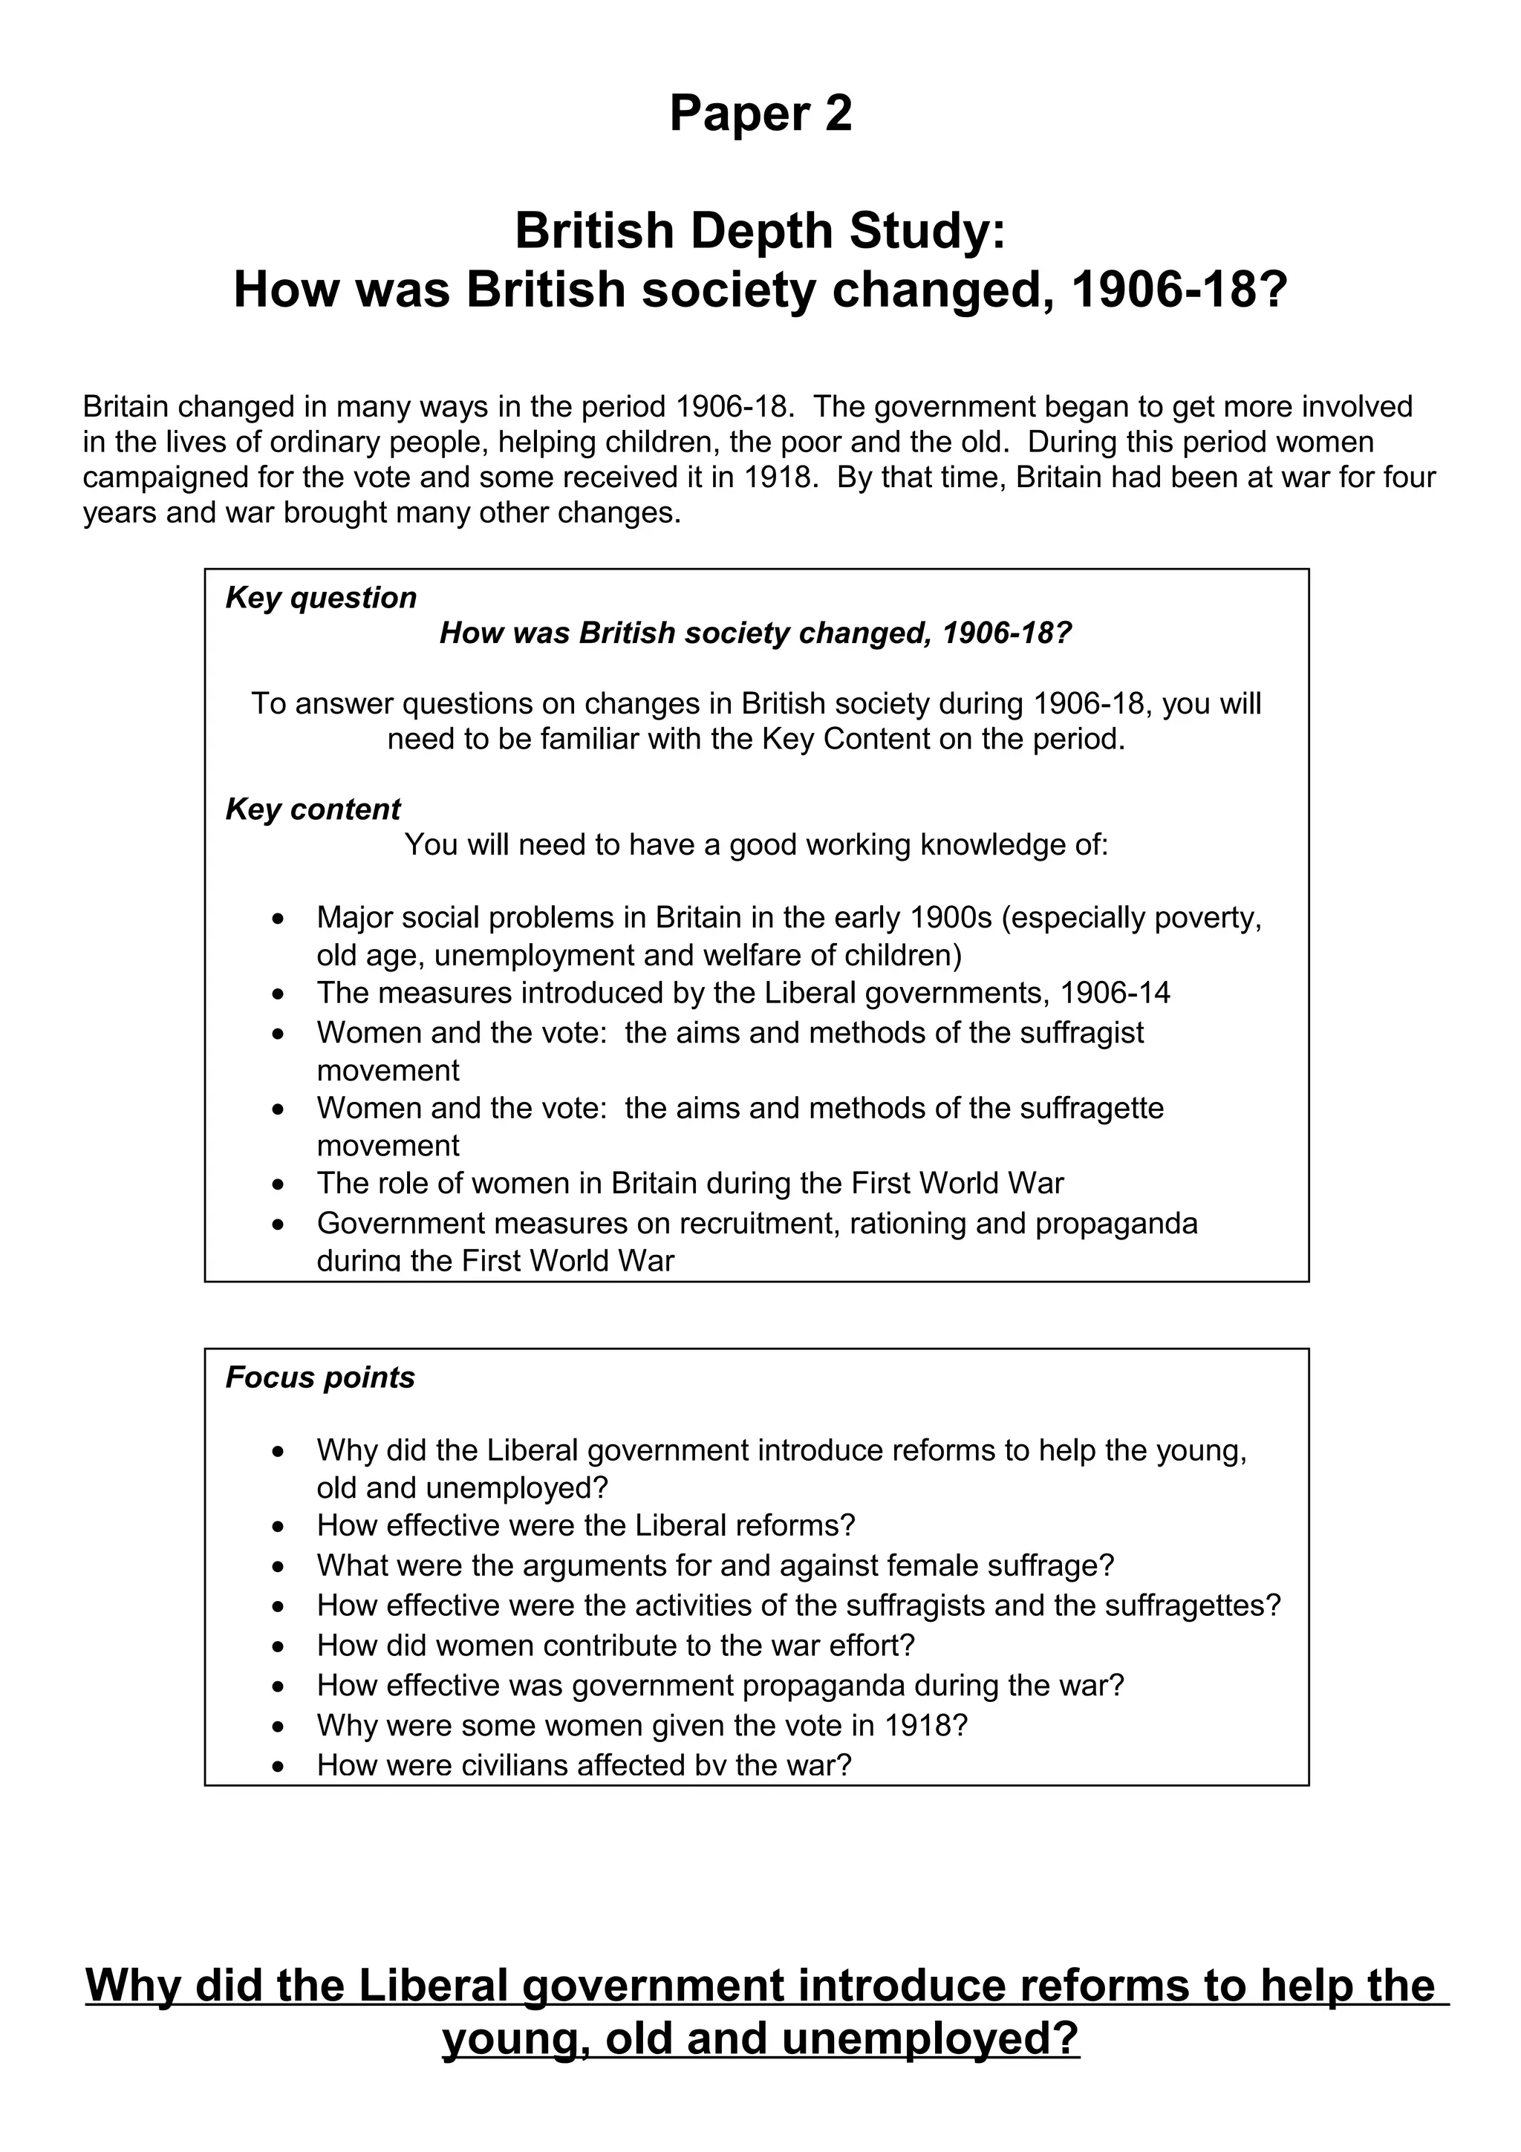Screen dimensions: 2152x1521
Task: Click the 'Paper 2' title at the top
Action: coord(760,114)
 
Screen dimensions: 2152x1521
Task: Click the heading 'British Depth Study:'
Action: coord(760,232)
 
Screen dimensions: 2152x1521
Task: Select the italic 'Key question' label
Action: coord(321,598)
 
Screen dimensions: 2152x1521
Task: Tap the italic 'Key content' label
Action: coord(313,809)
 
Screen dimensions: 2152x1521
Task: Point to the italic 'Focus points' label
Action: coord(319,1377)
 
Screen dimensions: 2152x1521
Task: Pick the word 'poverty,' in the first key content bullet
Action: coord(1208,918)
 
